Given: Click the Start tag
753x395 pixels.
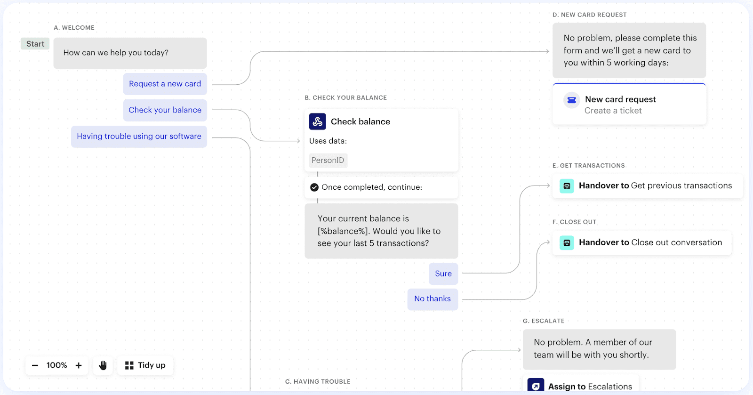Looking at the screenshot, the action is coord(35,44).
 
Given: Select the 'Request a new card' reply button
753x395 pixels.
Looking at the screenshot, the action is coord(165,84).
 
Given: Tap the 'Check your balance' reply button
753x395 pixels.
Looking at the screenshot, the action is coord(165,110).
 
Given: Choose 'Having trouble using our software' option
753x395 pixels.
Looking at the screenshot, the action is coord(139,136).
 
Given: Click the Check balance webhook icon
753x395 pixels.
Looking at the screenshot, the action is coord(317,121).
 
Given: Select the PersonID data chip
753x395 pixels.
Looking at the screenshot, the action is coord(328,161).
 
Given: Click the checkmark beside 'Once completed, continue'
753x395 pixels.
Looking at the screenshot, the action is coord(314,187).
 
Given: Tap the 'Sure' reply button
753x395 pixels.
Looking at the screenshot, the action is coord(443,274).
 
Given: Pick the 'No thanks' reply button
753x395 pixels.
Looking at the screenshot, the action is coord(433,299).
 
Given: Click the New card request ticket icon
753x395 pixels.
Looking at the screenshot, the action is coord(571,100).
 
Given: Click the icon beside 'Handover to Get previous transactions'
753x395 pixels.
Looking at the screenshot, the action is coord(567,186).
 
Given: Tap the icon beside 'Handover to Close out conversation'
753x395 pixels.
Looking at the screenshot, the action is coord(567,243).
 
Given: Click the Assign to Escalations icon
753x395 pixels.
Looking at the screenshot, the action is coord(536,386).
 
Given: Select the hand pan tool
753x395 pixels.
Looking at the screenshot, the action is coord(103,365).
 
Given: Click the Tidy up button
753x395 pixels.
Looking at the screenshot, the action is coord(145,365).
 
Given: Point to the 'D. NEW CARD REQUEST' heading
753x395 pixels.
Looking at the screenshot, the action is coord(590,15).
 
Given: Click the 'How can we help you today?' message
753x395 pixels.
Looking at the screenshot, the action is coord(130,53).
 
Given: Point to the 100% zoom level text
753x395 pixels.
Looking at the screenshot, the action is coord(57,365).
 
